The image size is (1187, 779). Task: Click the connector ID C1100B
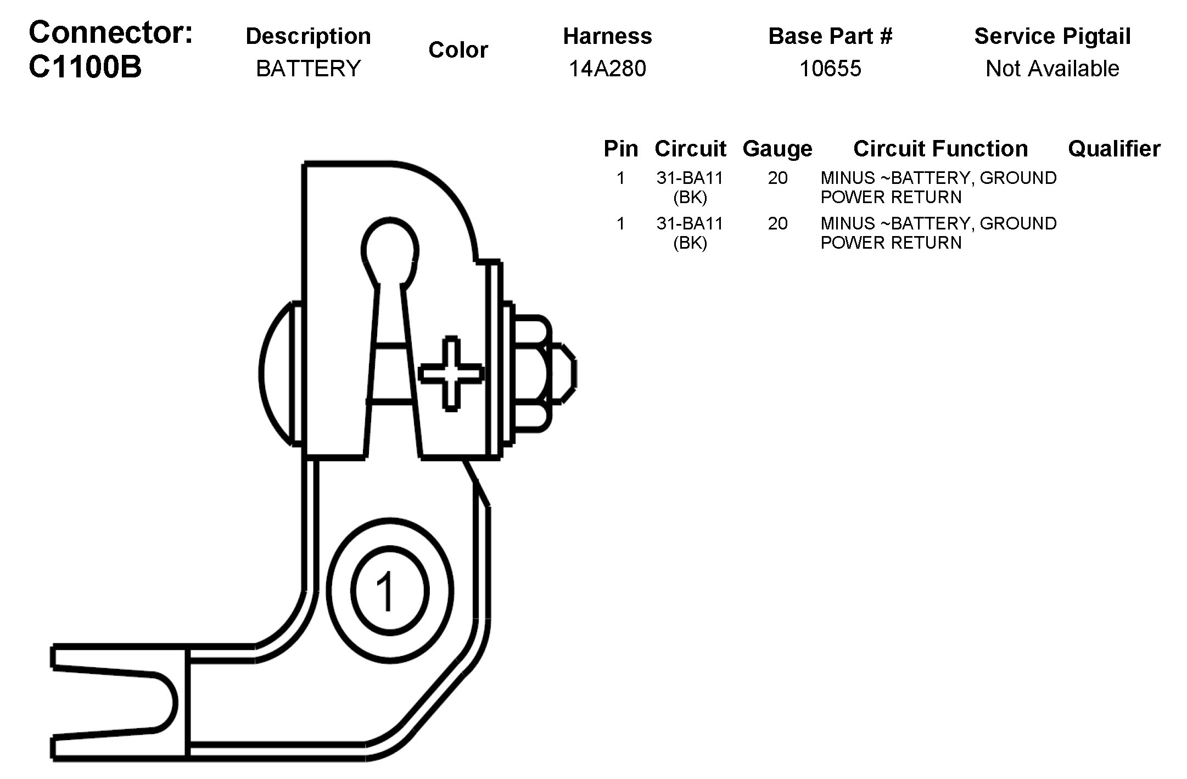pyautogui.click(x=85, y=68)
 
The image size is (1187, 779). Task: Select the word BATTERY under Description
pyautogui.click(x=309, y=69)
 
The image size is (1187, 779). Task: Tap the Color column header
pyautogui.click(x=458, y=50)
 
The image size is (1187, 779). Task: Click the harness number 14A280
pyautogui.click(x=607, y=69)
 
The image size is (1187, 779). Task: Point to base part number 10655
pyautogui.click(x=830, y=69)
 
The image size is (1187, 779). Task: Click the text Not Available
pyautogui.click(x=1052, y=69)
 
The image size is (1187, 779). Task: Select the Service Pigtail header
pyautogui.click(x=1052, y=36)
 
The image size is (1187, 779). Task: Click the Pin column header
pyautogui.click(x=621, y=149)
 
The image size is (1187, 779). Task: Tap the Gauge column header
pyautogui.click(x=777, y=149)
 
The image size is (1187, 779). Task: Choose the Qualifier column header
pyautogui.click(x=1114, y=149)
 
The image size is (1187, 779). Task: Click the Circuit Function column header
pyautogui.click(x=940, y=149)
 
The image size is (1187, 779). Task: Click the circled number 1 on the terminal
pyautogui.click(x=390, y=590)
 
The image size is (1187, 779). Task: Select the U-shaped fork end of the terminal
pyautogui.click(x=118, y=703)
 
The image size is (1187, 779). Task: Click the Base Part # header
pyautogui.click(x=830, y=36)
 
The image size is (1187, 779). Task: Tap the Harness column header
pyautogui.click(x=607, y=36)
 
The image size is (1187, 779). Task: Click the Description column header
pyautogui.click(x=309, y=36)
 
